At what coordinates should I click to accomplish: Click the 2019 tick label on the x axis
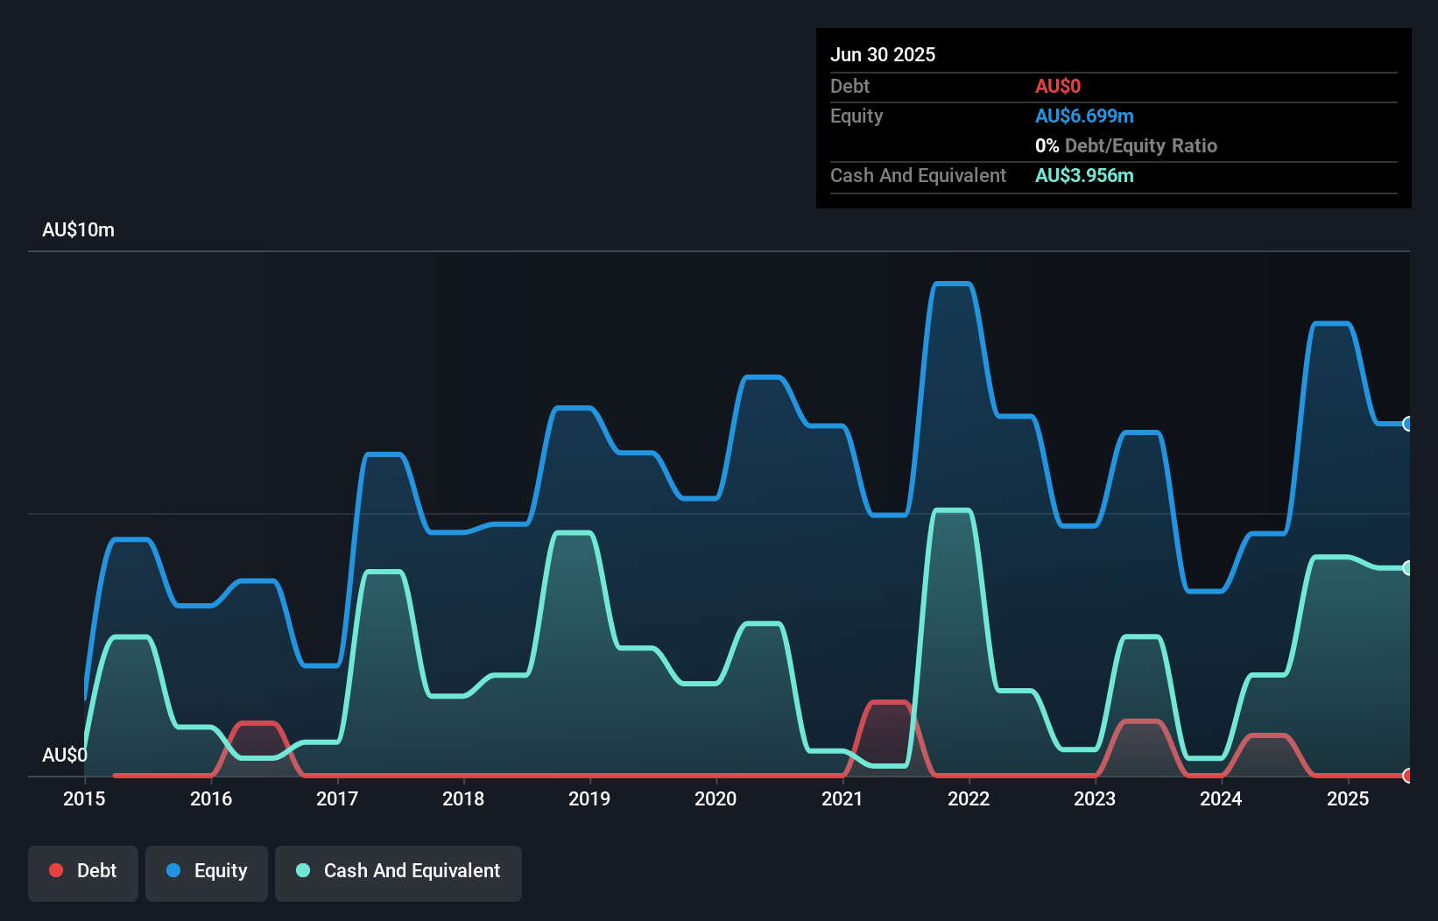589,798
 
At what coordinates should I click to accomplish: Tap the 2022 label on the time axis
969,798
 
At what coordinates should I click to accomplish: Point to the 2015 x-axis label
84,798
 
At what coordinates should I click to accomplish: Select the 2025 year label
1348,798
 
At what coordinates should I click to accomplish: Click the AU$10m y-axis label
78,229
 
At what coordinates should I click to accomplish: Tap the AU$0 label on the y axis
65,755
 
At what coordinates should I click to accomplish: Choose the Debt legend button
83,871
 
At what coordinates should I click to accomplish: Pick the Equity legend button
207,871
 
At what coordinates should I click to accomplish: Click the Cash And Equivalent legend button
398,871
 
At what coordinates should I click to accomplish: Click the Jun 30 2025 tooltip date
883,54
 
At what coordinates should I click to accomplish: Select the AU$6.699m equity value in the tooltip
1084,116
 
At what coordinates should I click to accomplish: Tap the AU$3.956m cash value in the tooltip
1084,175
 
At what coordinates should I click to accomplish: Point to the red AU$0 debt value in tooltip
1058,86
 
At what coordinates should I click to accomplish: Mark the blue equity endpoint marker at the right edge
1407,424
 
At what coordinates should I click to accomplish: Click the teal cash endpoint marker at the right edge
1407,568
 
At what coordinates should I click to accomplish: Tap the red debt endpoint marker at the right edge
1407,776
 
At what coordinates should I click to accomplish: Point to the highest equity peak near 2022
952,284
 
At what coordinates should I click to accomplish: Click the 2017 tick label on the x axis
337,798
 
